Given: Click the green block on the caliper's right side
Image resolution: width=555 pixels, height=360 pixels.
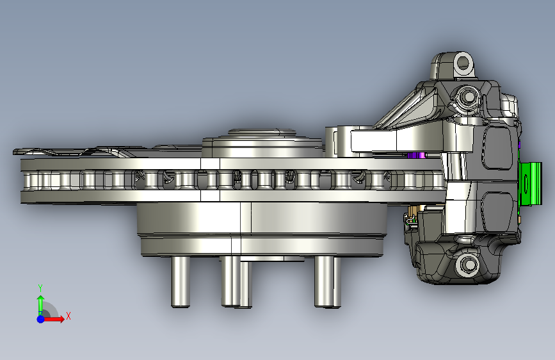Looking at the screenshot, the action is tap(530, 184).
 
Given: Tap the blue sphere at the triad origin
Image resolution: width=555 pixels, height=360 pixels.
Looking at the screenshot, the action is tap(41, 319).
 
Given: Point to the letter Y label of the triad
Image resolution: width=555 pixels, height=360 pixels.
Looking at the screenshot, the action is tap(40, 288).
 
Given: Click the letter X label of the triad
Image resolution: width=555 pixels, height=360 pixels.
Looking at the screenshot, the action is tap(68, 316).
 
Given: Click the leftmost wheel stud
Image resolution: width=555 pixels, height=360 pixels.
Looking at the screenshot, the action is tap(181, 282).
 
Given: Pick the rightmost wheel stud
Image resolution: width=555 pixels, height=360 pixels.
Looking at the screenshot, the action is tap(328, 282).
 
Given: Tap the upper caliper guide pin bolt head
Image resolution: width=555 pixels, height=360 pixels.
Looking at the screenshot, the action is tap(468, 96).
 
